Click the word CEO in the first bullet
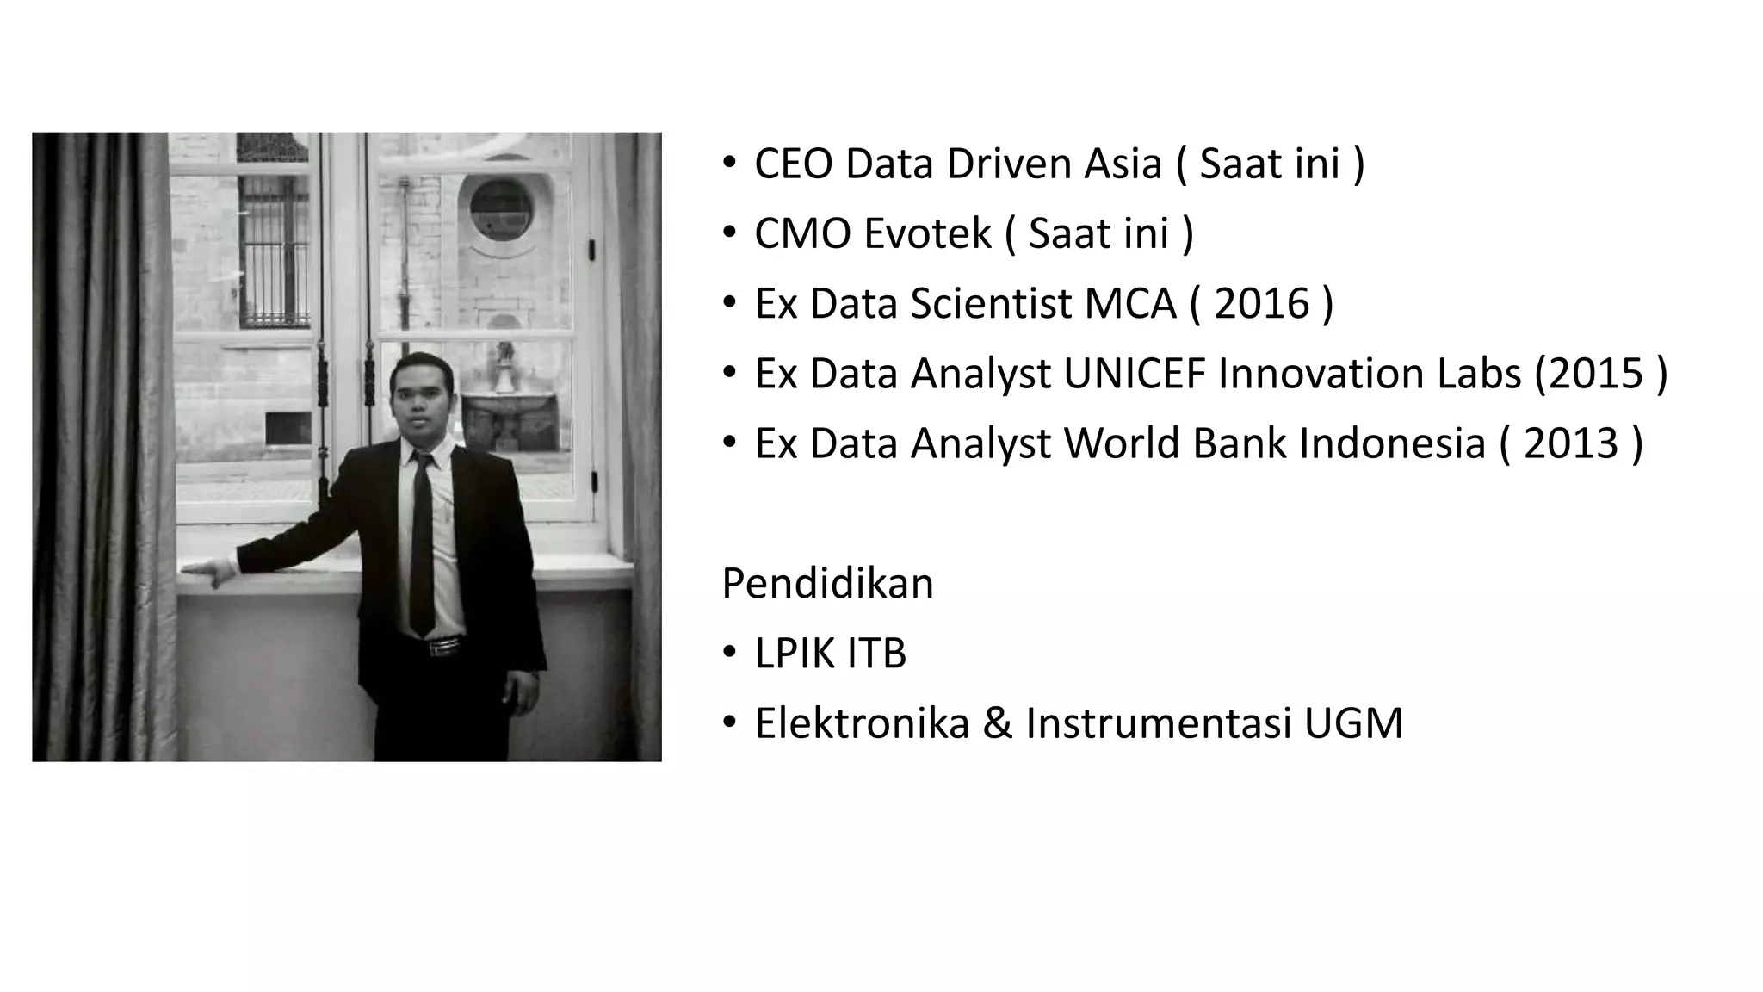coord(793,164)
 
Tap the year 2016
coord(1261,303)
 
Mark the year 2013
coord(1571,443)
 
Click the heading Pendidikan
coord(827,583)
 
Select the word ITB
coord(876,653)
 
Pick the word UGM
coord(1353,722)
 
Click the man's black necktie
coord(422,542)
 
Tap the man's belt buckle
coord(444,646)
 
